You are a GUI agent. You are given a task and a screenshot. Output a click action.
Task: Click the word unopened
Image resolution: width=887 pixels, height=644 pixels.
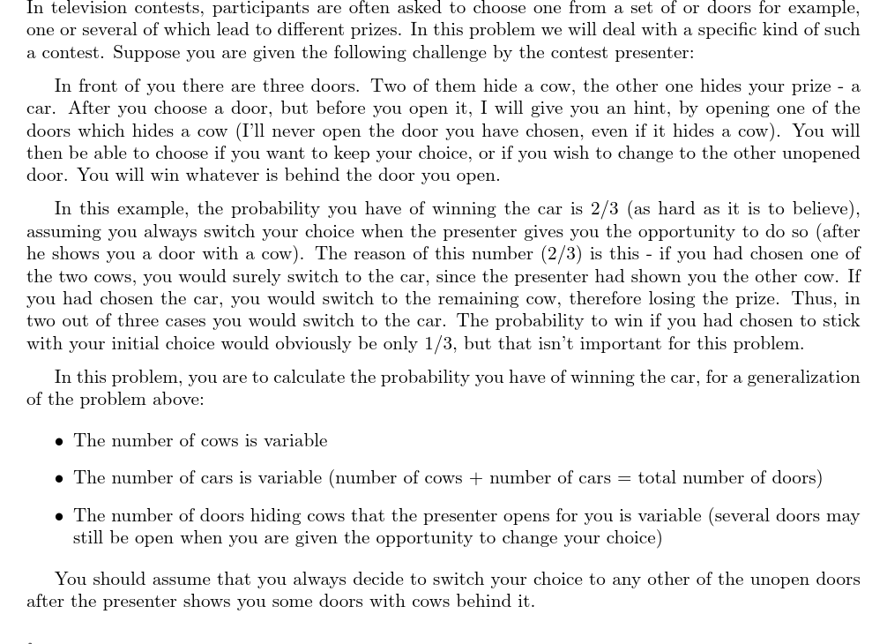pyautogui.click(x=821, y=153)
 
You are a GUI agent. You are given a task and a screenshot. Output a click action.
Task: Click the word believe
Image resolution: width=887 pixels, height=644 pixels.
pyautogui.click(x=818, y=209)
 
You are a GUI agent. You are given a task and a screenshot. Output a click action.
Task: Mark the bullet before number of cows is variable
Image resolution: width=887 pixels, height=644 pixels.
pyautogui.click(x=58, y=441)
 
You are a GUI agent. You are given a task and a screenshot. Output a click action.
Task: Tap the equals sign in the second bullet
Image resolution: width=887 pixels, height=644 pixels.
pyautogui.click(x=623, y=478)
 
